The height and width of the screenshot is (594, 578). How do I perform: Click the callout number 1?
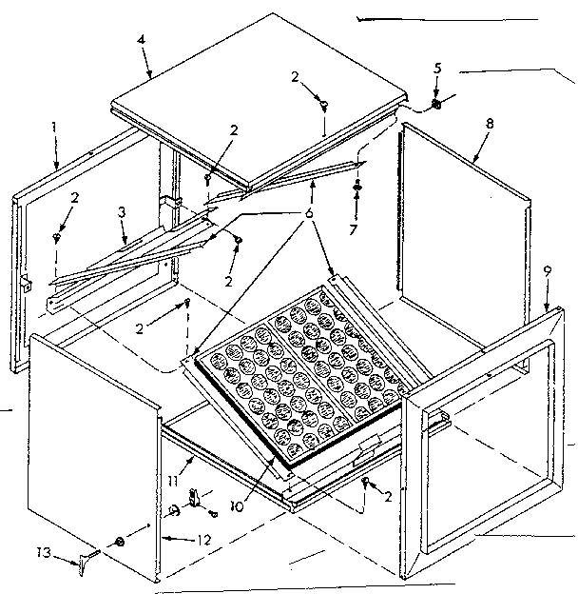point(55,126)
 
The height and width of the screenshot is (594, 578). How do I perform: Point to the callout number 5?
point(436,69)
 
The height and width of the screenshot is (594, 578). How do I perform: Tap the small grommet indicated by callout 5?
point(435,103)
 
